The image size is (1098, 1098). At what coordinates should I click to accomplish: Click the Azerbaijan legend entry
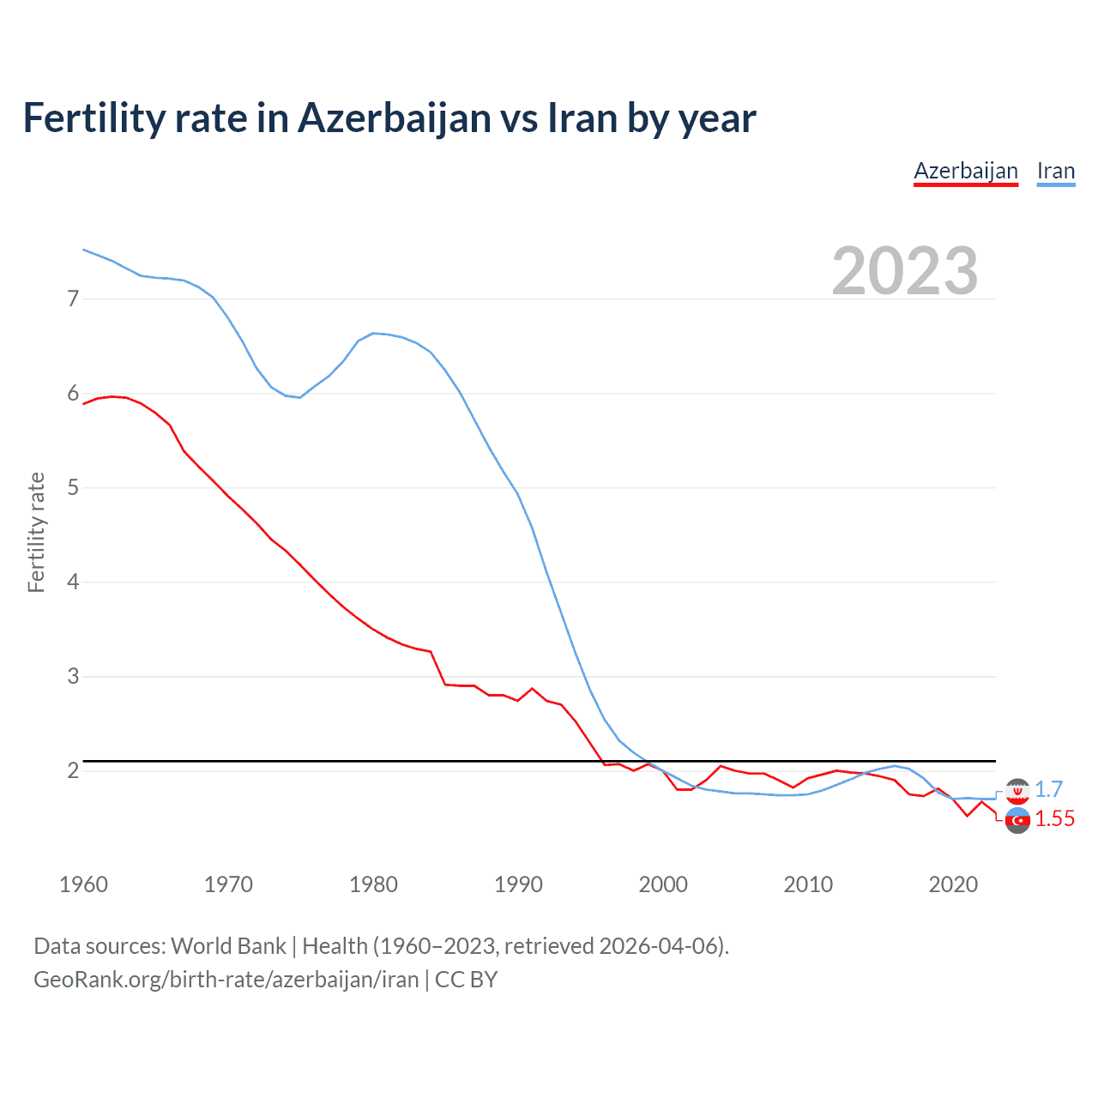[965, 171]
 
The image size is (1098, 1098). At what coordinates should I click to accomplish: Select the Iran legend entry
[1055, 171]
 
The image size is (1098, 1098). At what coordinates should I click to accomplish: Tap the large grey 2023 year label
[904, 271]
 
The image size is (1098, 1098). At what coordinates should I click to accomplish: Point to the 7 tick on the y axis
[73, 299]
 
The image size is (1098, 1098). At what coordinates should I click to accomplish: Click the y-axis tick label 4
[73, 582]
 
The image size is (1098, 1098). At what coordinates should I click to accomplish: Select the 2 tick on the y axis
[73, 770]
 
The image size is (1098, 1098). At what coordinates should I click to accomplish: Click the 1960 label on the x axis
[83, 884]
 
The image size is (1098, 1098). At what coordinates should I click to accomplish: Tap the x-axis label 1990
[518, 884]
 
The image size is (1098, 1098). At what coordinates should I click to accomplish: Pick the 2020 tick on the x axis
[953, 884]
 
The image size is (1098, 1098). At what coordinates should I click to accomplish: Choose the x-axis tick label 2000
[663, 884]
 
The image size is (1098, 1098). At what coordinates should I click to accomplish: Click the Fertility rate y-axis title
[36, 532]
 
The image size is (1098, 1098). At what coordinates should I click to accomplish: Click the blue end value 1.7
[1048, 789]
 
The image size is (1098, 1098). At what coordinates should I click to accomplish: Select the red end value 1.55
[1054, 818]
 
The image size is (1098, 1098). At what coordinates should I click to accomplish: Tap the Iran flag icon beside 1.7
[1017, 790]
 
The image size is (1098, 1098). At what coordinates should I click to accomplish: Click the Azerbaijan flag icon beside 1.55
[1017, 820]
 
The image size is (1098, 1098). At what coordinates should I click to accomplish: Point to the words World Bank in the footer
[228, 946]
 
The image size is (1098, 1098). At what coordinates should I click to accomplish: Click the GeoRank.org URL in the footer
[226, 980]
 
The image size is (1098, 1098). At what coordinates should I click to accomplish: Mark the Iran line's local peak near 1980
[373, 333]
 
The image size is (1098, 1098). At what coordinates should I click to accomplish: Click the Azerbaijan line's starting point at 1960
[83, 403]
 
